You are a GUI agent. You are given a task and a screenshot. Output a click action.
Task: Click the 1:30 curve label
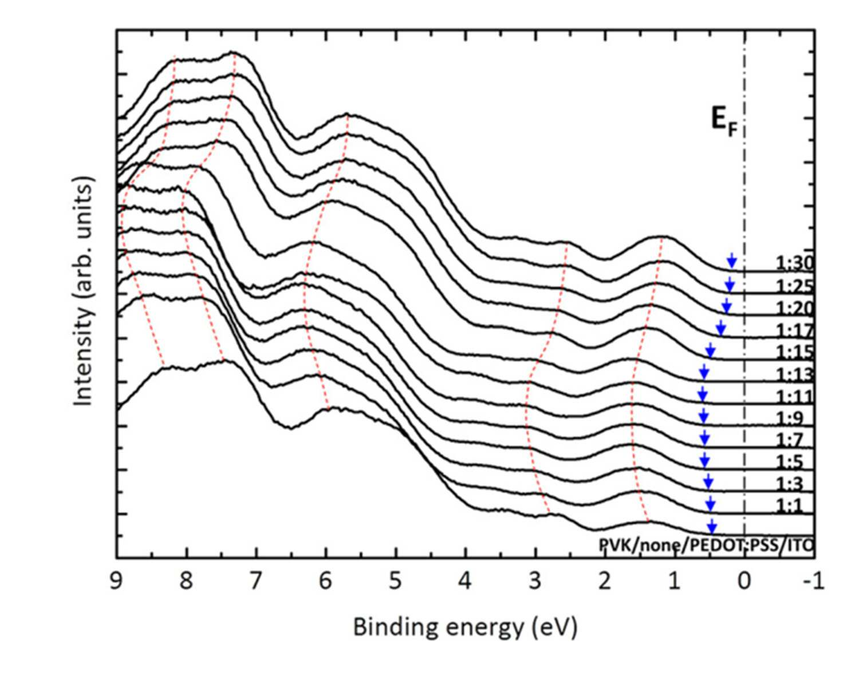tap(794, 263)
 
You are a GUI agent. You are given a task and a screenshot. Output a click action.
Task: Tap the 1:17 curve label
tap(794, 330)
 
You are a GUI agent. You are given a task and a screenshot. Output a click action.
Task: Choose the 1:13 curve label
tap(794, 374)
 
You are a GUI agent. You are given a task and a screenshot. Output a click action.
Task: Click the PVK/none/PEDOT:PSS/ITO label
tap(706, 545)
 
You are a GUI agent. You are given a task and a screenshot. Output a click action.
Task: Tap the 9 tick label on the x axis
tap(116, 582)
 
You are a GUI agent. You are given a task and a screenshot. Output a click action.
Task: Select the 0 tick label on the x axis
tap(744, 582)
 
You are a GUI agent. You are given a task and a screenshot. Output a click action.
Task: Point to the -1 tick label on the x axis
tap(810, 582)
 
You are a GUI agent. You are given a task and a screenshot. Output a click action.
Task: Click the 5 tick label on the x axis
tap(395, 582)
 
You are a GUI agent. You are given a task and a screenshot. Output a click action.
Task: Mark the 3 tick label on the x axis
tap(535, 582)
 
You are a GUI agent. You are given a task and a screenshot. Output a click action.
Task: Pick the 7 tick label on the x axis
tap(255, 582)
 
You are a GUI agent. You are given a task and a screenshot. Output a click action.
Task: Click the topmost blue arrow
tap(731, 260)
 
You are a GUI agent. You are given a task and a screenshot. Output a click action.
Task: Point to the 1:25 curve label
tap(794, 286)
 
